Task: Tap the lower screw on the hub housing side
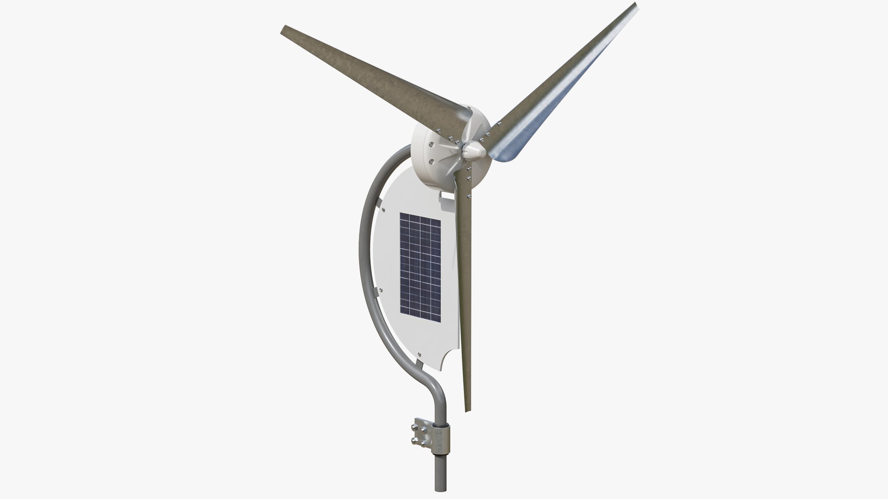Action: click(431, 161)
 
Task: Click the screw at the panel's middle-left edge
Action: click(381, 290)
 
